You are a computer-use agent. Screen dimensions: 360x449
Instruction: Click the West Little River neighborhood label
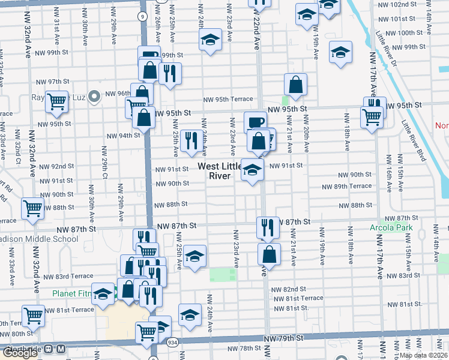pyautogui.click(x=219, y=171)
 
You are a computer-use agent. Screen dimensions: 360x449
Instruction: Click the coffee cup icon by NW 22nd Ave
pyautogui.click(x=256, y=122)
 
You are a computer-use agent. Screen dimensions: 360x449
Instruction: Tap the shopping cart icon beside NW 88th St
pyautogui.click(x=33, y=209)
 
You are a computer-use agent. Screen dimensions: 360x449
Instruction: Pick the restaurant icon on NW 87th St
pyautogui.click(x=268, y=227)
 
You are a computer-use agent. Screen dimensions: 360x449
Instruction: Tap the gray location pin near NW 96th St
pyautogui.click(x=94, y=96)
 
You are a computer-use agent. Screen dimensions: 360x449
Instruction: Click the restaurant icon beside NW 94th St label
pyautogui.click(x=191, y=141)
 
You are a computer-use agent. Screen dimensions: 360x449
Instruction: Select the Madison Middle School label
pyautogui.click(x=38, y=239)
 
